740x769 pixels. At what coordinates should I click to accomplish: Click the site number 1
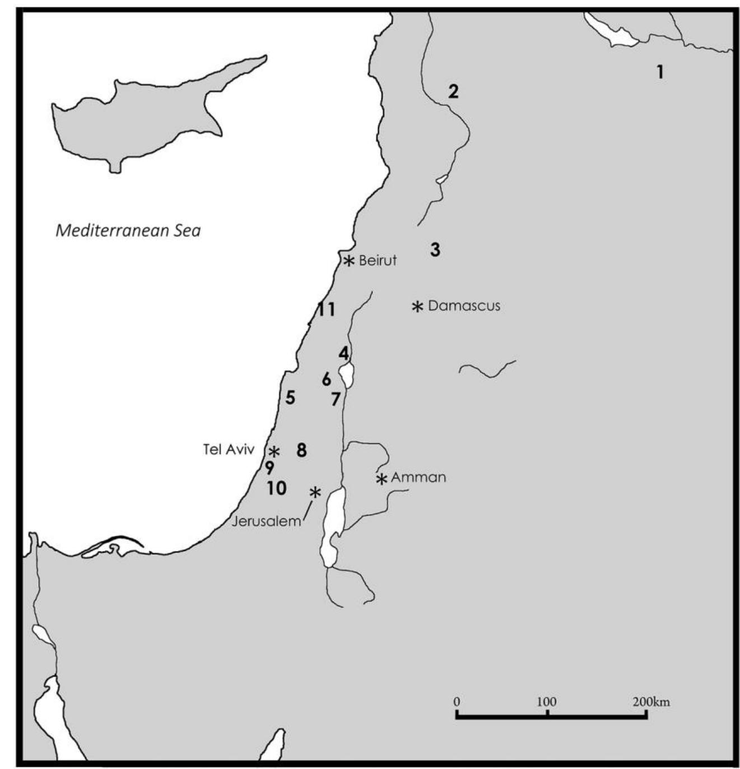[660, 72]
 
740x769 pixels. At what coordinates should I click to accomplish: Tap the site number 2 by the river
[453, 91]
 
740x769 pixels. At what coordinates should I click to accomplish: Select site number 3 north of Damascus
[435, 249]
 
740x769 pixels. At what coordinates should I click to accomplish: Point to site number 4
[343, 353]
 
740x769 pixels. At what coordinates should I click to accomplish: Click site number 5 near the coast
[290, 397]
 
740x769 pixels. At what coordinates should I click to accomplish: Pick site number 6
[327, 379]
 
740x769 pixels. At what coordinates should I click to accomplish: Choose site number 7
[336, 399]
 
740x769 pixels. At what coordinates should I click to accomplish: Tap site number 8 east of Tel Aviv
[302, 450]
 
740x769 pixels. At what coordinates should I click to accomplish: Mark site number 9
[270, 467]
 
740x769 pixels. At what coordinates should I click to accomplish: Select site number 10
[276, 488]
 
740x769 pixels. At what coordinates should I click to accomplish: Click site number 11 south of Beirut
[326, 309]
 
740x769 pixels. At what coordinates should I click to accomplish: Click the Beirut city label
[378, 261]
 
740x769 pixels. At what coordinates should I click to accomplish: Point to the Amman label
[418, 478]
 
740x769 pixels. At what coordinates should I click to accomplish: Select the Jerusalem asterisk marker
[315, 492]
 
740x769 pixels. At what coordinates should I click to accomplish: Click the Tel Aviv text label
[229, 450]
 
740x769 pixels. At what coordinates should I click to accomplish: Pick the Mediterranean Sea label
[128, 230]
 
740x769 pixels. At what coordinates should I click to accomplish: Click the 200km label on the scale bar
[651, 702]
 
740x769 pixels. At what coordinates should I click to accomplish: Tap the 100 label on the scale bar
[547, 702]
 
